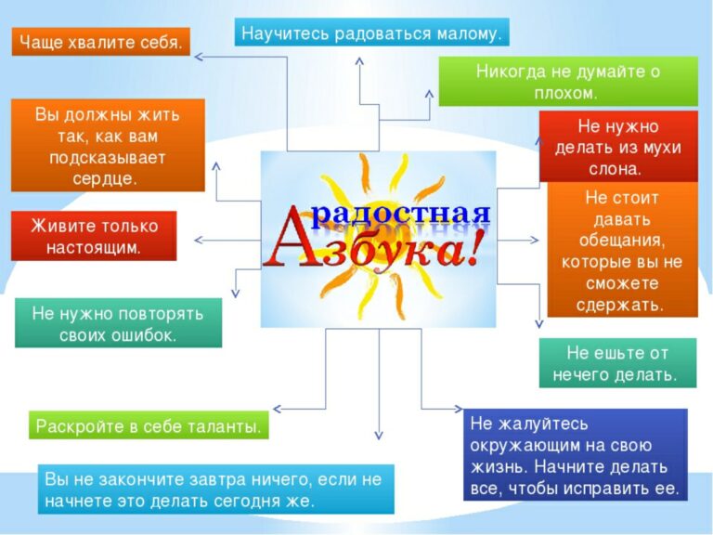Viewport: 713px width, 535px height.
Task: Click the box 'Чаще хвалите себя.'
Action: tap(100, 42)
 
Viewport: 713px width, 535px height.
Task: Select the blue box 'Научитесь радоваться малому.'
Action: tap(372, 33)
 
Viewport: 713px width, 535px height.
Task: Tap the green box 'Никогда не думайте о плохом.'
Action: tap(568, 82)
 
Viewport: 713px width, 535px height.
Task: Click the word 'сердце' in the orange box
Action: tap(103, 178)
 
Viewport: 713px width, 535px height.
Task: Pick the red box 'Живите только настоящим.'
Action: tap(94, 236)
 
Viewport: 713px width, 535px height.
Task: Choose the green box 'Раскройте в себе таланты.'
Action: tap(149, 425)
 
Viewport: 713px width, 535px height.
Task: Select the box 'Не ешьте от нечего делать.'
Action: tap(617, 363)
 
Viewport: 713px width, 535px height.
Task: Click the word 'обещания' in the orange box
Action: tap(621, 241)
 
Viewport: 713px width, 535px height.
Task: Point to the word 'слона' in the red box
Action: tap(614, 169)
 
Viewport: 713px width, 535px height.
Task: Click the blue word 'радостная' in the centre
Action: tap(401, 213)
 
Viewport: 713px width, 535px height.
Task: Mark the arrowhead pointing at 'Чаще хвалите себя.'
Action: tap(198, 57)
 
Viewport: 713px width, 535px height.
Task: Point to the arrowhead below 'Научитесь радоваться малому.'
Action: tap(359, 60)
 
